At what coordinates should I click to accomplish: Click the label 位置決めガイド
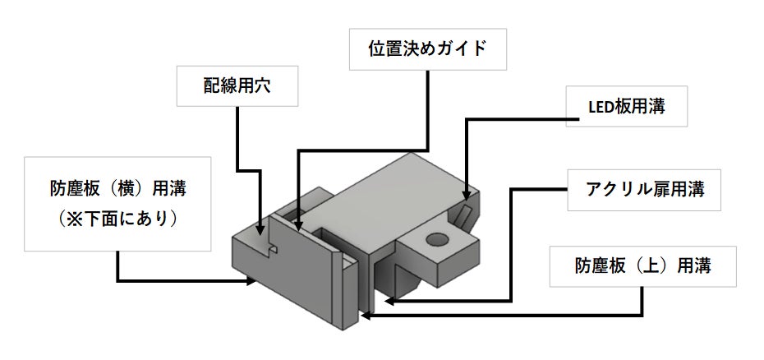428,49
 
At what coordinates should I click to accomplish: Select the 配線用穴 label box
237,86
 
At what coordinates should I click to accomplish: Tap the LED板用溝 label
626,106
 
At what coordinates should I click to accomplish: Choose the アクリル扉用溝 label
644,190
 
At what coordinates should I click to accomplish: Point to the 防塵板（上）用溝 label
642,265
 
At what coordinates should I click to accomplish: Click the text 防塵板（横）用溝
118,189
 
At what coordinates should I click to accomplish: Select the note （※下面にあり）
117,219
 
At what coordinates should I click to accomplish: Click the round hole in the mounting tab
437,239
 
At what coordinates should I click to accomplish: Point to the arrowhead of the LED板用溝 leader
467,195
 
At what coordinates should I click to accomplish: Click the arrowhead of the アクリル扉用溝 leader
389,301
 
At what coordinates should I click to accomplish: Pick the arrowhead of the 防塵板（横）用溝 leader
251,280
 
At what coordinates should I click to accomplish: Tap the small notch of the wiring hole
274,250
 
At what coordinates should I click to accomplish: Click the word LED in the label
600,108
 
